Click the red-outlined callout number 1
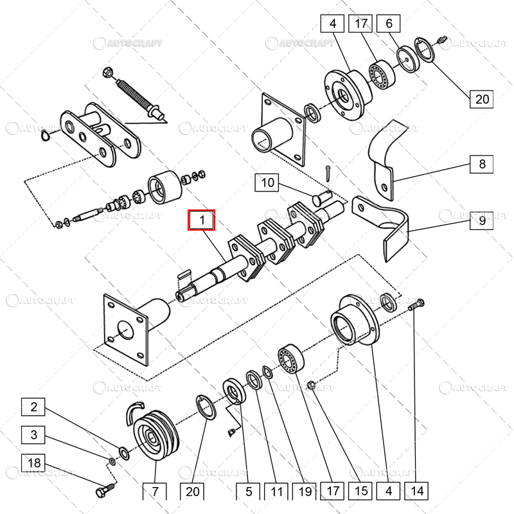tap(202, 220)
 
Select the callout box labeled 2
tap(35, 407)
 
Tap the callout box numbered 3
tap(35, 435)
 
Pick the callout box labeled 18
tap(35, 463)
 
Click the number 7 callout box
tap(155, 492)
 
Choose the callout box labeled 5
tap(248, 492)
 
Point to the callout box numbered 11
tap(276, 492)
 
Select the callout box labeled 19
tap(305, 492)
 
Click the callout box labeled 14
tap(417, 492)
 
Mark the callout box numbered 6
tap(389, 25)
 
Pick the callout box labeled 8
tap(482, 164)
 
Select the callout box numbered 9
tap(482, 221)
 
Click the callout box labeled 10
tap(268, 183)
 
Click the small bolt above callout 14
tap(416, 305)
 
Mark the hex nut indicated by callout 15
tap(310, 385)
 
